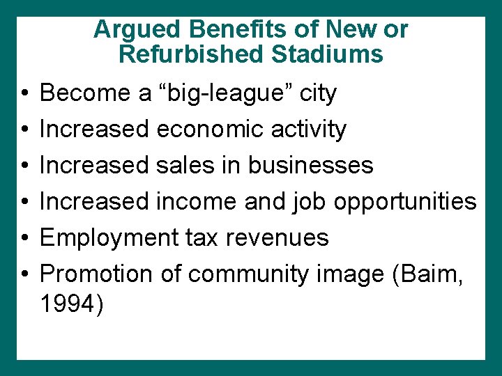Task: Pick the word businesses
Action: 310,165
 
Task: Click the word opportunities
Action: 404,202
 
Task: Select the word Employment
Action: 109,238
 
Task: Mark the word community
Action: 246,274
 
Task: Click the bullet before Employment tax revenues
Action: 24,238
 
